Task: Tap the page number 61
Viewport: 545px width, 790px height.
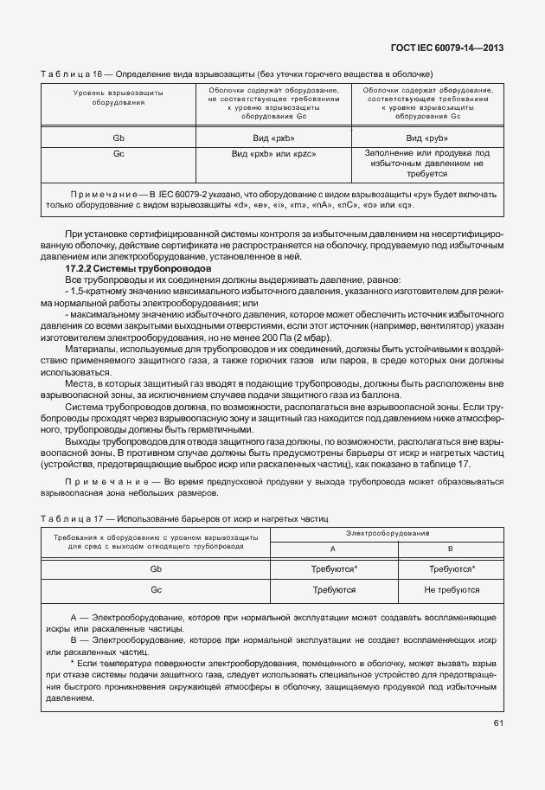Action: [x=498, y=723]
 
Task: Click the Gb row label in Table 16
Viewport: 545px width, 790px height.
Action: [x=119, y=138]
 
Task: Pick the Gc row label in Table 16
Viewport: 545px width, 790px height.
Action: [x=119, y=153]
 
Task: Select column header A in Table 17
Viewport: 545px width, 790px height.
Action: [x=332, y=549]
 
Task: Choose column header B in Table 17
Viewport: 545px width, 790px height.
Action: [x=451, y=549]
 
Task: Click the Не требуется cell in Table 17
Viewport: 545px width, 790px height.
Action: [x=452, y=589]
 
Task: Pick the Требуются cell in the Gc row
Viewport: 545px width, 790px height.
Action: [x=333, y=589]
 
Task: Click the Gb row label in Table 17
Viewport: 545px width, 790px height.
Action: [x=156, y=568]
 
